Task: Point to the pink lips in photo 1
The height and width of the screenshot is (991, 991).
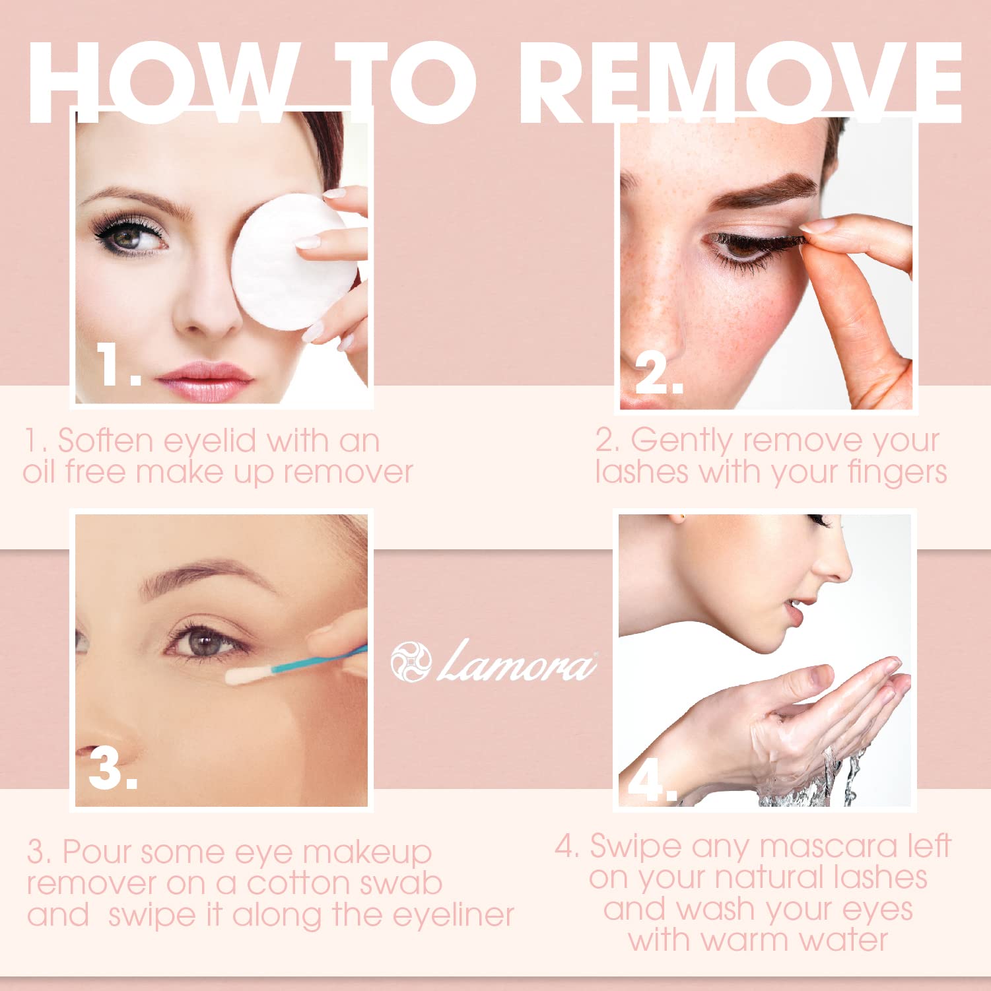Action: [204, 381]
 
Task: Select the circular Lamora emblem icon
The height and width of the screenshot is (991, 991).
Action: [411, 662]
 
